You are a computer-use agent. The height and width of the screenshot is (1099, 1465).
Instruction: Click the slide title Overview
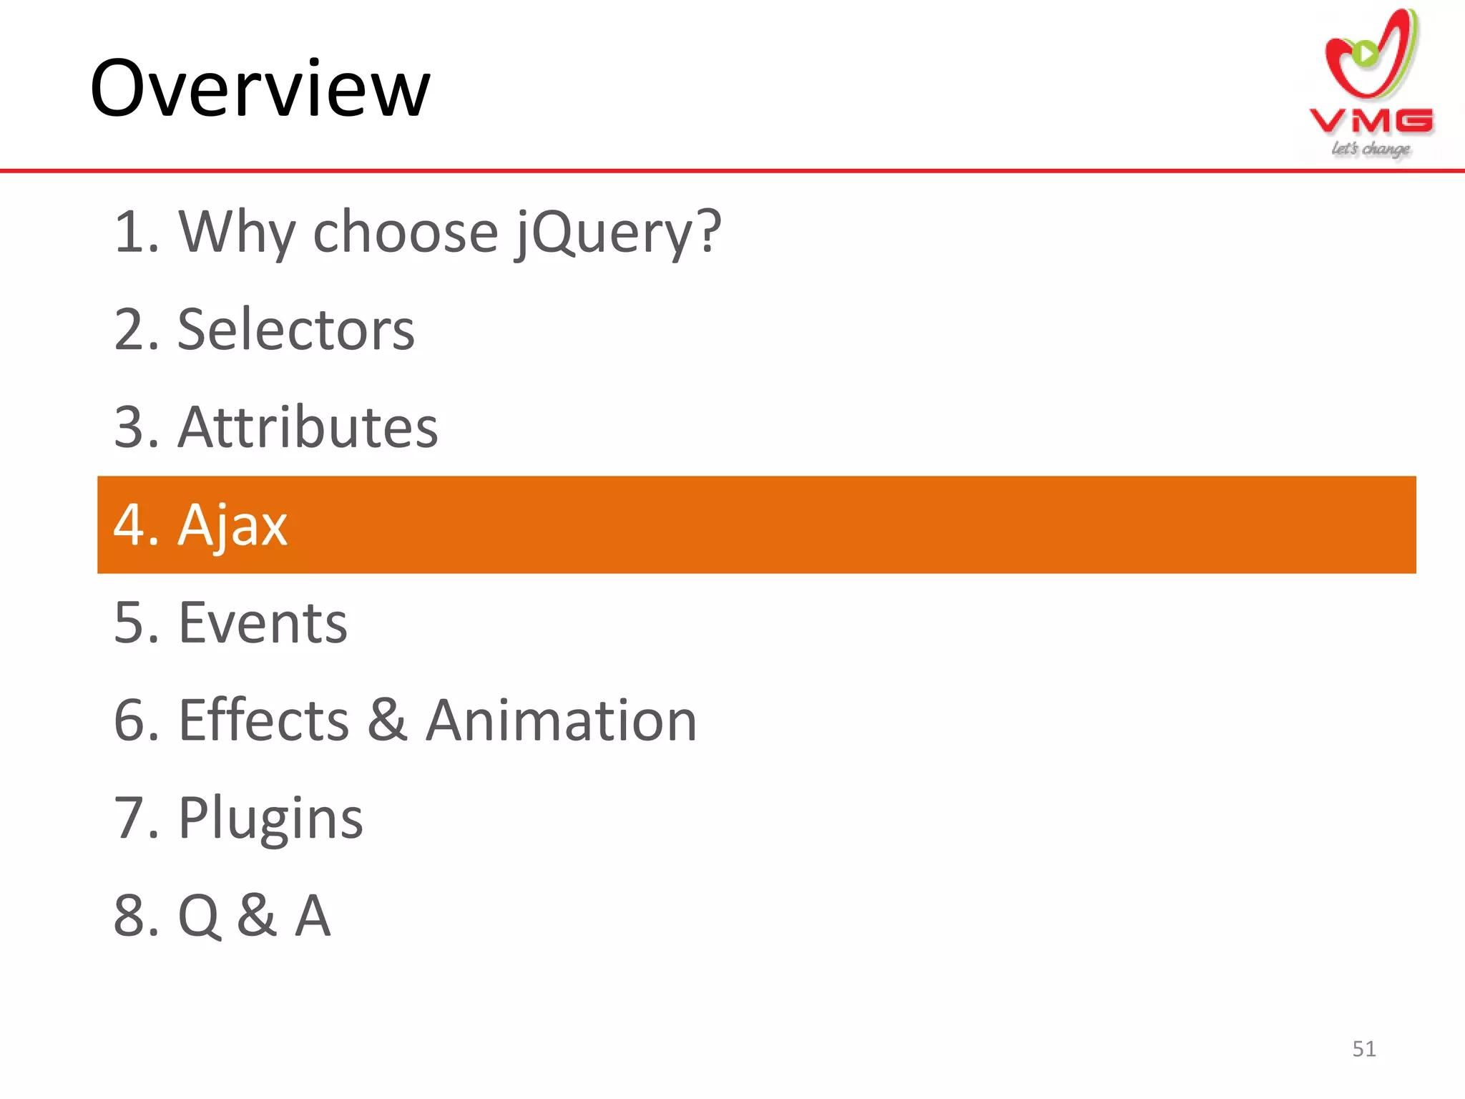tap(260, 89)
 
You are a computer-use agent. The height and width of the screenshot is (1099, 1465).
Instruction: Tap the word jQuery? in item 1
tap(618, 233)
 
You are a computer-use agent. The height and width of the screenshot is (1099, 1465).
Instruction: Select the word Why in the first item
tap(237, 233)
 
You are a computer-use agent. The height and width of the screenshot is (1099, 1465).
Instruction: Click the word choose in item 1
tap(405, 233)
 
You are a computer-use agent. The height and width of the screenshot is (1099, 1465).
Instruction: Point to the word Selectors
tap(295, 330)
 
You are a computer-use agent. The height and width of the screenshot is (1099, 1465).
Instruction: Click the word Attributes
tap(308, 427)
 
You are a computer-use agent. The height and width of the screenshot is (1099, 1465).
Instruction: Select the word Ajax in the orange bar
tap(232, 525)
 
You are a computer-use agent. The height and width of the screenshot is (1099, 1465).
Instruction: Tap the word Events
tap(263, 622)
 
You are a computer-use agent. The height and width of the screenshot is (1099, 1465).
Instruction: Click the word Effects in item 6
tap(263, 720)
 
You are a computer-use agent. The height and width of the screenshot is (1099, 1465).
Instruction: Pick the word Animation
tap(562, 720)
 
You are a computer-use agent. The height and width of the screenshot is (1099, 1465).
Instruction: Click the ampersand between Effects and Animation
tap(388, 720)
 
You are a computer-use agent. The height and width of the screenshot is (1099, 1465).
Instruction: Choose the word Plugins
tap(270, 818)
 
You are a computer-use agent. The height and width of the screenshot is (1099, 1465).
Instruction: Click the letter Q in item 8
tap(199, 915)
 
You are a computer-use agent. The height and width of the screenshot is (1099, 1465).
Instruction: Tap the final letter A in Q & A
tap(313, 915)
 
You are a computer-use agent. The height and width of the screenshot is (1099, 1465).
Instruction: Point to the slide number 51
tap(1363, 1049)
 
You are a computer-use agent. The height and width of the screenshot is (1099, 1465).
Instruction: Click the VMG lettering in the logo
tap(1371, 121)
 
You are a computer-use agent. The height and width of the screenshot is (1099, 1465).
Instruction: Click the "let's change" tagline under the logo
tap(1370, 149)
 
